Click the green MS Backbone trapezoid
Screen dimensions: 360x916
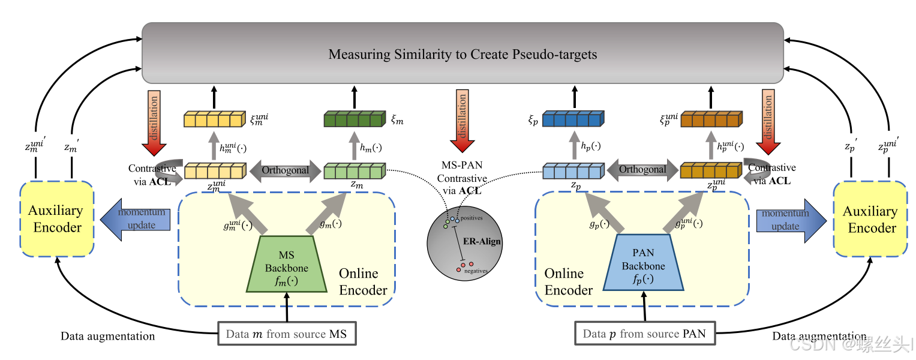[287, 264]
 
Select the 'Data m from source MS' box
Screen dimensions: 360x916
[287, 334]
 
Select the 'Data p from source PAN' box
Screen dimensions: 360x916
[644, 334]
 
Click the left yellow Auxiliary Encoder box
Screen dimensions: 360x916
[56, 219]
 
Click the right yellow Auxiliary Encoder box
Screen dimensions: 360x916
[870, 219]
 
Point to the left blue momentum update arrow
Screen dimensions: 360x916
[135, 220]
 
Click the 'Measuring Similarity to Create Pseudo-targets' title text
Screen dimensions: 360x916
[462, 55]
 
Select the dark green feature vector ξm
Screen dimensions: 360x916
[353, 119]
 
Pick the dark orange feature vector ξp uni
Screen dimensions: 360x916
[711, 119]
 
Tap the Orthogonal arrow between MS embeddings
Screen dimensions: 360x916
[284, 170]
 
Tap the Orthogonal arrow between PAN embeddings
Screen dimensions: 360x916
[642, 170]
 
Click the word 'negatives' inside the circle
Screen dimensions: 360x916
[476, 271]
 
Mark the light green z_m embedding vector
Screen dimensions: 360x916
[353, 172]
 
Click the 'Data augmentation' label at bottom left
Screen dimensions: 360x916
[107, 336]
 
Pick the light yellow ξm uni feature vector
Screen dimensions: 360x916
[214, 119]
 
